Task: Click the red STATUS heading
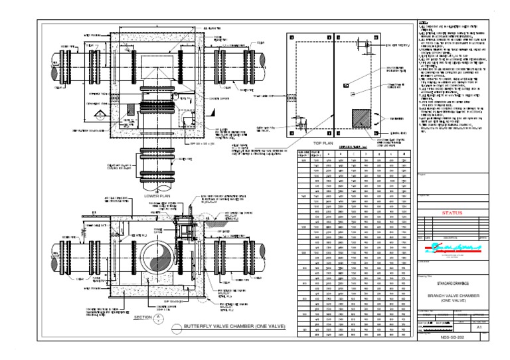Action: (451, 214)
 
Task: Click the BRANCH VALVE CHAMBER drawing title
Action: (451, 296)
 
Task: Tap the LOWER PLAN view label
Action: (157, 197)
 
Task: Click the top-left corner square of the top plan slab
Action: (290, 37)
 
